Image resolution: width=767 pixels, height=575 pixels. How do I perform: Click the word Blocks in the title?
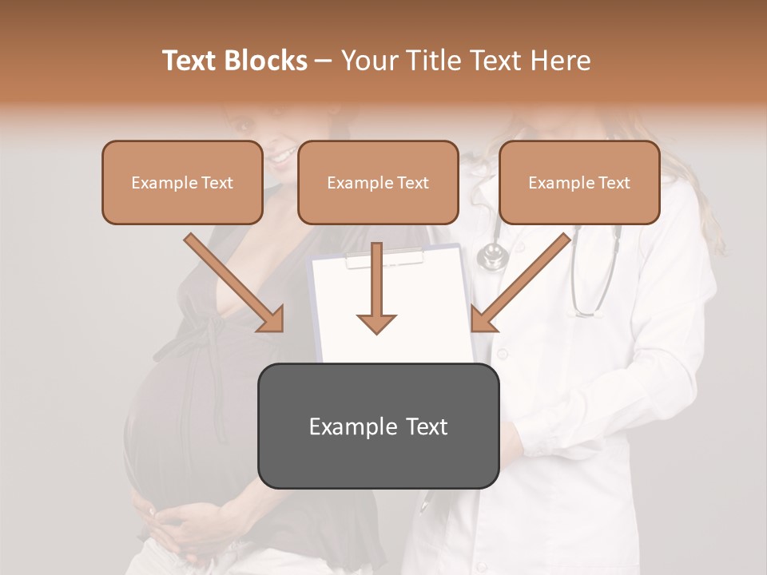point(267,61)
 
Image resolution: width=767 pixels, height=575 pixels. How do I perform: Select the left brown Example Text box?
point(182,183)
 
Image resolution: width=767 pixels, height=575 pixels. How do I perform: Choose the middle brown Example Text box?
point(378,183)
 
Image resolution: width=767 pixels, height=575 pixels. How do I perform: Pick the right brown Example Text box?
point(579,183)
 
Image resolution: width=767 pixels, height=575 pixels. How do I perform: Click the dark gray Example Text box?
point(378,426)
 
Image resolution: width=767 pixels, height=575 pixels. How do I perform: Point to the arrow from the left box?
point(236,284)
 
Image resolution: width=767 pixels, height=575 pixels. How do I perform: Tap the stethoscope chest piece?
point(492,256)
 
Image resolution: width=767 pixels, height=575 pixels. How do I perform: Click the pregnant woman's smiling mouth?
point(280,157)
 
